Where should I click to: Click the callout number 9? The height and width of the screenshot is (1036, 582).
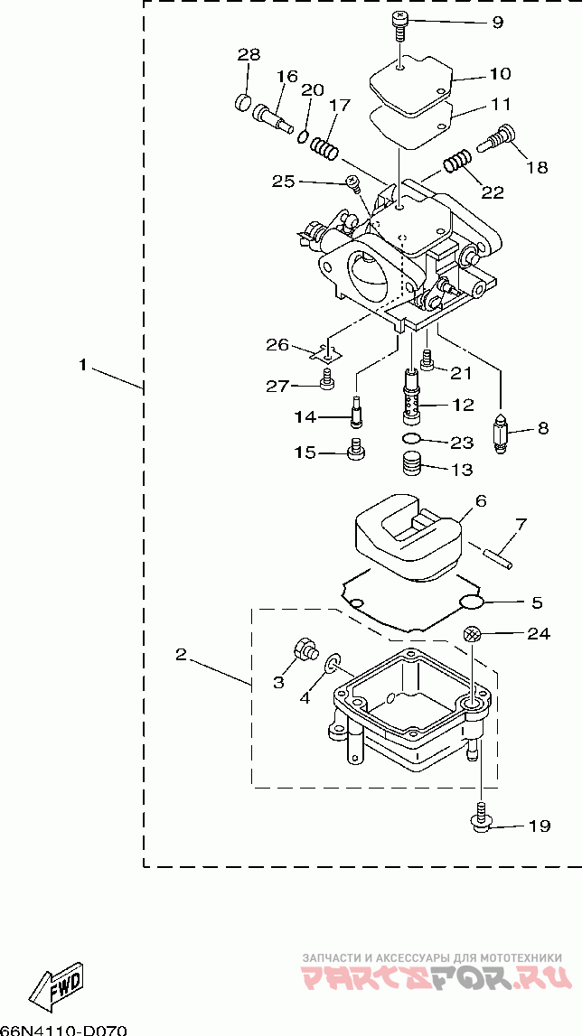[x=497, y=23]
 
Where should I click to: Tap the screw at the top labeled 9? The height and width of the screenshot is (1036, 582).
[x=399, y=26]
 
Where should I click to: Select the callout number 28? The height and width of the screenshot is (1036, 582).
[x=249, y=54]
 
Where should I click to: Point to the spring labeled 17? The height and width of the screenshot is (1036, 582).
[x=324, y=147]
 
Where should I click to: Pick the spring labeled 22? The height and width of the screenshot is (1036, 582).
[x=457, y=161]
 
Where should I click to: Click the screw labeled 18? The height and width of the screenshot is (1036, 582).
[x=496, y=138]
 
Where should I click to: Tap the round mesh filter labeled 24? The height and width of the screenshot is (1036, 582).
[x=471, y=634]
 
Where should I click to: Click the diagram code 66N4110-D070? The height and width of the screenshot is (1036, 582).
[x=63, y=1030]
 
